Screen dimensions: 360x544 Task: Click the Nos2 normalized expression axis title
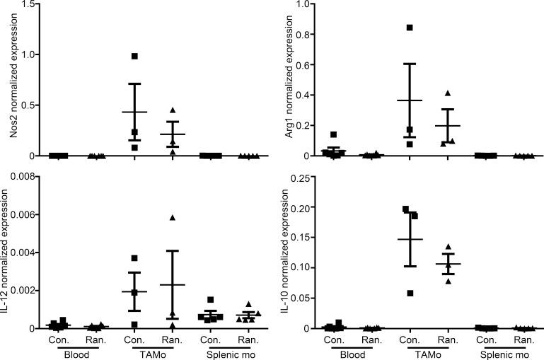pyautogui.click(x=8, y=80)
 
